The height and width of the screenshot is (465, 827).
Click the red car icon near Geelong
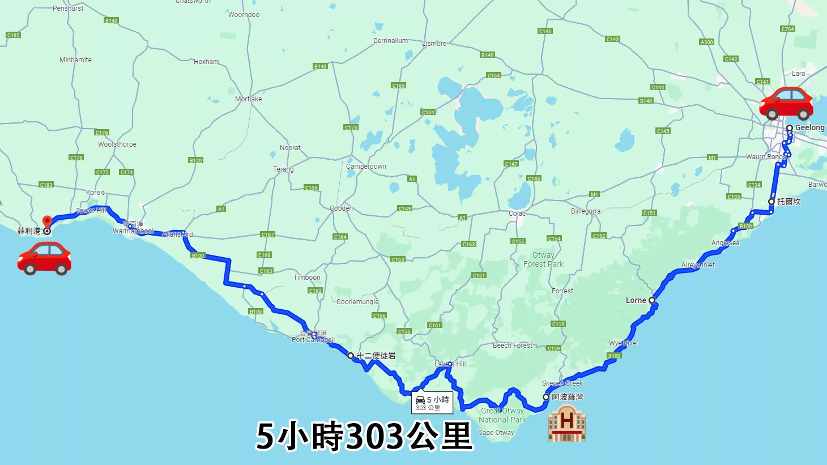coord(786,103)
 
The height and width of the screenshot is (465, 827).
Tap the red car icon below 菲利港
coord(44,258)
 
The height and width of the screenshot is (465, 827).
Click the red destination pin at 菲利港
coord(47,221)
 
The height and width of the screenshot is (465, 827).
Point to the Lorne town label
coord(636,300)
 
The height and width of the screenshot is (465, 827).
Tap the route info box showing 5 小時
coord(432,403)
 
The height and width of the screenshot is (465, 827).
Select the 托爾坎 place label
coord(788,202)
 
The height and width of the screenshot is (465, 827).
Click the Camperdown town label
coord(366,167)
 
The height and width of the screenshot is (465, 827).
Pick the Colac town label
coord(517,214)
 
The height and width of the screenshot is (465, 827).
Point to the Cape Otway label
coord(496,433)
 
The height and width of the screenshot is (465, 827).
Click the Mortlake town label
coord(248,99)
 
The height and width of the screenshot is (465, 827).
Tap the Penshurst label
coord(68,8)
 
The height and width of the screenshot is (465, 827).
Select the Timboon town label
coord(306,278)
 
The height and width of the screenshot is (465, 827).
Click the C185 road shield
coord(13,35)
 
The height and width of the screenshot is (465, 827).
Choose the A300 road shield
coord(706,42)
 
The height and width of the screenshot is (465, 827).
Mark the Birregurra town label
coord(585,211)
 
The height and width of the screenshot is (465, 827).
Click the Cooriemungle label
coord(357,302)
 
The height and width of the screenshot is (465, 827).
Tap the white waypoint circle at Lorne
coord(652,300)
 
